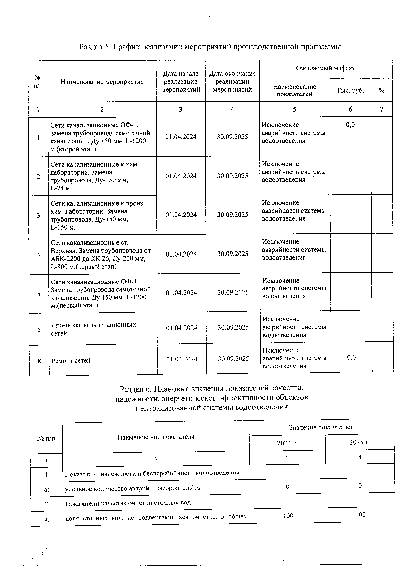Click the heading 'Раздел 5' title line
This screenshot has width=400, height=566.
pos(210,47)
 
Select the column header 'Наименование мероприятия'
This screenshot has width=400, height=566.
pos(102,82)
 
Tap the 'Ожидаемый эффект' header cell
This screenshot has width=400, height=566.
pos(326,68)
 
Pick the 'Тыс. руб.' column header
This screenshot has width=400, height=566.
pos(350,90)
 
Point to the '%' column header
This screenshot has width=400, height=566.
pos(381,90)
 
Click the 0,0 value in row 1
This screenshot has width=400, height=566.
pos(350,125)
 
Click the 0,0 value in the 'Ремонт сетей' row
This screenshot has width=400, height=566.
pos(351,358)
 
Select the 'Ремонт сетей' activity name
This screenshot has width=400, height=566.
pos(71,361)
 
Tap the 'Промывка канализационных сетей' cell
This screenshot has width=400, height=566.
pos(93,329)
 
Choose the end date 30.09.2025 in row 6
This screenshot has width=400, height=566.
pos(233,328)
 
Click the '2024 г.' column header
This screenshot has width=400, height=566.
pos(287,443)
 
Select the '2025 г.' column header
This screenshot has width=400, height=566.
pos(359,443)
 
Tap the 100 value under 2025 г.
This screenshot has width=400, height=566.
pos(360,515)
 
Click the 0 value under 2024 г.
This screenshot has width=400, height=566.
pos(287,486)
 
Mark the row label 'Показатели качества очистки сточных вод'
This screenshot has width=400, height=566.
pos(128,503)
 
